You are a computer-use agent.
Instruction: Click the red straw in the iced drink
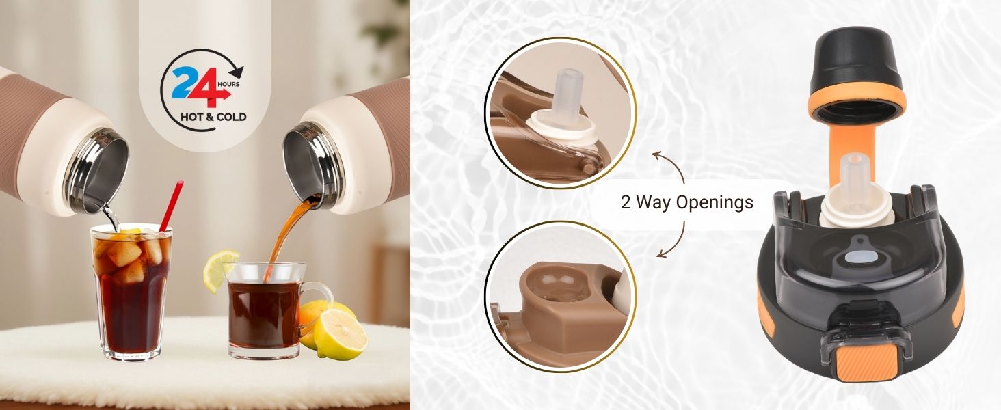pyautogui.click(x=172, y=206)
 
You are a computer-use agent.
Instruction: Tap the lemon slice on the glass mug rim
pyautogui.click(x=220, y=270)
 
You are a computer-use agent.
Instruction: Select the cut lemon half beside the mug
pyautogui.click(x=341, y=334)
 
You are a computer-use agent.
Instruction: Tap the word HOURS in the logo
pyautogui.click(x=228, y=84)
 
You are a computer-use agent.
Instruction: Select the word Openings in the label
pyautogui.click(x=714, y=202)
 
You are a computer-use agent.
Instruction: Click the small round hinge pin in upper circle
pyautogui.click(x=589, y=168)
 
